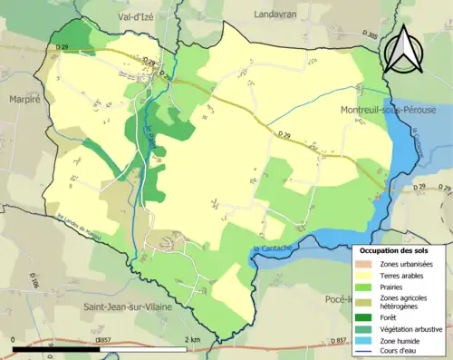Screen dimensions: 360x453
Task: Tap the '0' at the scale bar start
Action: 14,339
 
